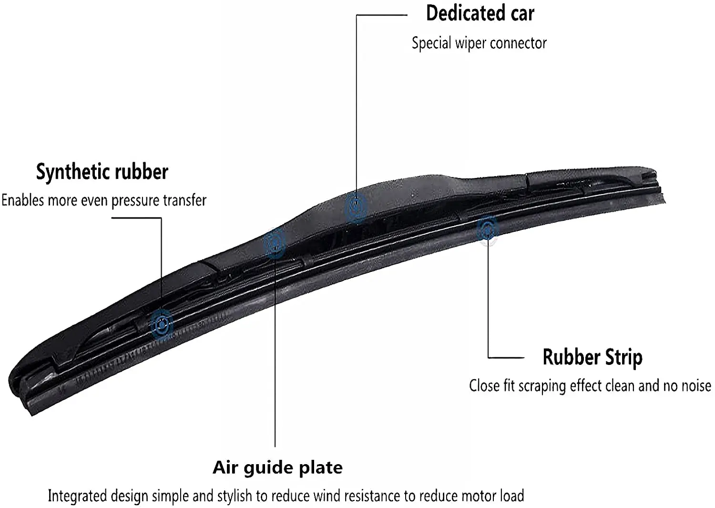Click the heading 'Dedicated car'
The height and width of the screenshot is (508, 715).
[480, 13]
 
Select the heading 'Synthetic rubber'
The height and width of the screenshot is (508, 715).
[102, 172]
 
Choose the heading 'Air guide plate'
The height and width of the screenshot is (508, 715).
[277, 468]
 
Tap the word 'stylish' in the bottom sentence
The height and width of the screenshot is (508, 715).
[235, 496]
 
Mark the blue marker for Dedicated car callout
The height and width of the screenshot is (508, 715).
[356, 207]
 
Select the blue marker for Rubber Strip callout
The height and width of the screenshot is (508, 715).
[487, 230]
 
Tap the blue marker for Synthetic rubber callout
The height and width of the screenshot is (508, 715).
[162, 325]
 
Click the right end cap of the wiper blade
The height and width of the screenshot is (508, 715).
[650, 179]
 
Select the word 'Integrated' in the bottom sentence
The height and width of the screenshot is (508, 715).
[77, 496]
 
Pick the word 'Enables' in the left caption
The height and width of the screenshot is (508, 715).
[23, 200]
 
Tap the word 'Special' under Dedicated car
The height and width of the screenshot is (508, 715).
[431, 43]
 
